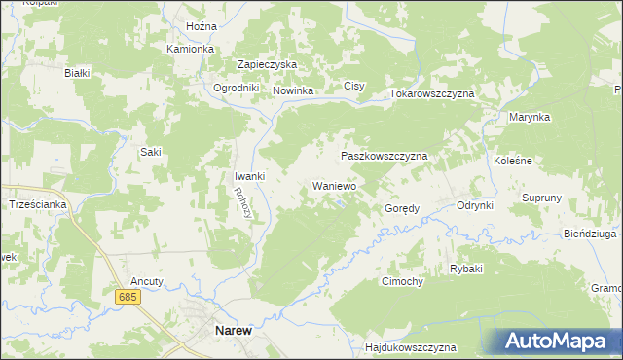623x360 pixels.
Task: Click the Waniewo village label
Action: [x=334, y=185]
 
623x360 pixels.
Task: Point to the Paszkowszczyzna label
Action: [x=384, y=156]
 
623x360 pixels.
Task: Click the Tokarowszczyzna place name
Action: [x=431, y=93]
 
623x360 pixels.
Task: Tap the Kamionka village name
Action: [x=190, y=49]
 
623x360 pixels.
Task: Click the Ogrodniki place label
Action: [x=236, y=88]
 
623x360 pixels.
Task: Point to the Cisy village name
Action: [x=353, y=87]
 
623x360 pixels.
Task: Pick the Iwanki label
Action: [x=249, y=176]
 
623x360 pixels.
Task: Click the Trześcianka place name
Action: [x=37, y=204]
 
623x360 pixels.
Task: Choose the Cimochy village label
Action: [x=401, y=281]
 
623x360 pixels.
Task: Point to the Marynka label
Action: [x=530, y=117]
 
